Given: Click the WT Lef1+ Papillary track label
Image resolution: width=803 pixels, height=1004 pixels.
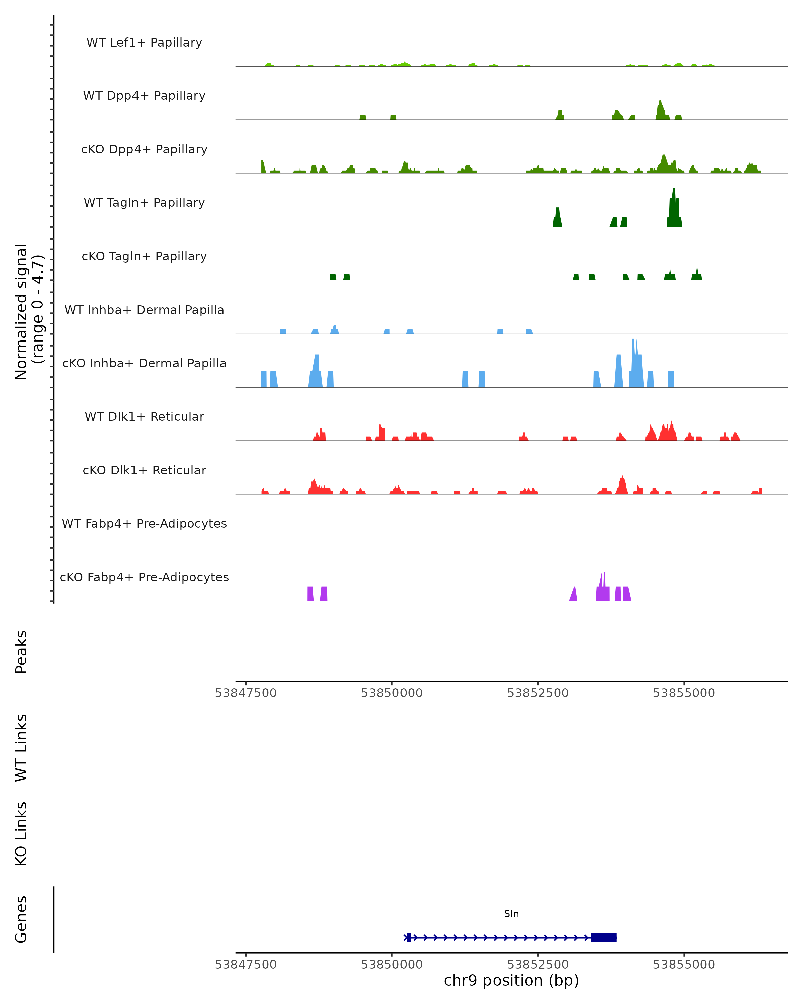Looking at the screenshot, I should [x=144, y=43].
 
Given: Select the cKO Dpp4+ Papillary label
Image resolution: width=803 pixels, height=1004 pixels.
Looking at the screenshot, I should [x=144, y=150].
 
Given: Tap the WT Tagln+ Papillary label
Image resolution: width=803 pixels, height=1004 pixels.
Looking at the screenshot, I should [x=144, y=203].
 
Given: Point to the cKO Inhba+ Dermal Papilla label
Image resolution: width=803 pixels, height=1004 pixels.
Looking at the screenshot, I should [x=144, y=364].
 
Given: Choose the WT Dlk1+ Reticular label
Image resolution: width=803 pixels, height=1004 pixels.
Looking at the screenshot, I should [x=144, y=417].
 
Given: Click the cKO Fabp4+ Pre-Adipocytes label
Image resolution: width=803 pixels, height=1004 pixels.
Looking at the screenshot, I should [x=144, y=577].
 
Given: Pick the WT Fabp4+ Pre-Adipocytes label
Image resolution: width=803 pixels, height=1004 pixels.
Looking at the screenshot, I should [x=144, y=524].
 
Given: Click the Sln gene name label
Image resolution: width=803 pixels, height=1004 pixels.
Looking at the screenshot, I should [x=511, y=914].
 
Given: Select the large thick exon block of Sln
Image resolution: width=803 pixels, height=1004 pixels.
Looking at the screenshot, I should [x=604, y=938].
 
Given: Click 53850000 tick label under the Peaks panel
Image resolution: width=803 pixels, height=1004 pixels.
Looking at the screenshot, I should [x=391, y=693].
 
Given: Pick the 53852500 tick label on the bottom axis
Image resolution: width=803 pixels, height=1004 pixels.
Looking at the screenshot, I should [x=538, y=965].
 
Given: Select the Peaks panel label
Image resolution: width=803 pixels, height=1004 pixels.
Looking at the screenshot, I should [x=21, y=652].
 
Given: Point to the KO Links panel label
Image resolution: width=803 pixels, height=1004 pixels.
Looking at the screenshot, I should [x=21, y=834].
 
